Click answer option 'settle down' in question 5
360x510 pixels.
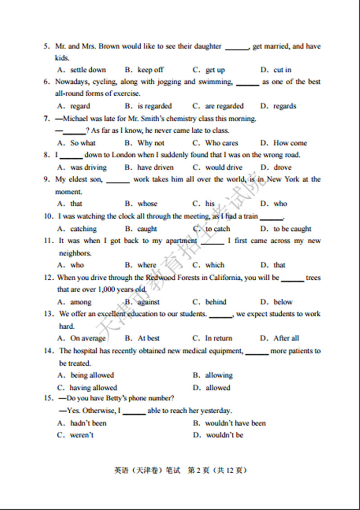pyautogui.click(x=88, y=70)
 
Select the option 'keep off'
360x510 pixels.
pyautogui.click(x=150, y=70)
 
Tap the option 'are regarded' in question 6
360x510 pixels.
pyautogui.click(x=224, y=106)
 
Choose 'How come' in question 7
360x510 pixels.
pyautogui.click(x=290, y=143)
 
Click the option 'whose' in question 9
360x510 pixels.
pyautogui.click(x=147, y=203)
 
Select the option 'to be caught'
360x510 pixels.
pyautogui.click(x=292, y=228)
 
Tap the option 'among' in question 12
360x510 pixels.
pyautogui.click(x=81, y=302)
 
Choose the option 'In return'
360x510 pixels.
pyautogui.click(x=219, y=338)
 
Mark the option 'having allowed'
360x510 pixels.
pyautogui.click(x=93, y=388)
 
